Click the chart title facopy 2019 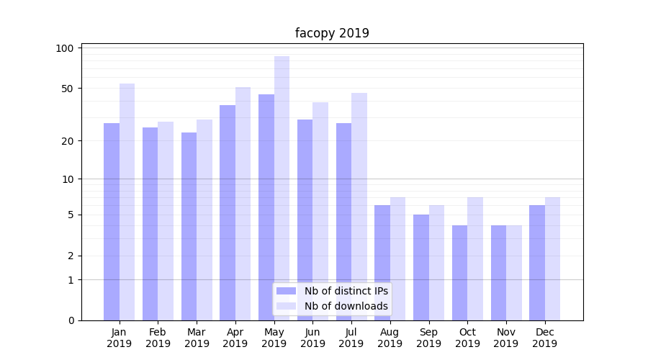(x=332, y=33)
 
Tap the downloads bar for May (x=282, y=188)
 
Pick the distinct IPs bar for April (x=228, y=212)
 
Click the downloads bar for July (x=359, y=207)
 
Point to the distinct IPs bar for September (x=421, y=267)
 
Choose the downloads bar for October (x=475, y=258)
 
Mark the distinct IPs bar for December (x=537, y=263)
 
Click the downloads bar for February (x=166, y=221)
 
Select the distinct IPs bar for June (x=305, y=220)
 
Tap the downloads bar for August (x=397, y=258)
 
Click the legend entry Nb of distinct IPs (x=346, y=291)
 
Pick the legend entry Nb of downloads (x=346, y=306)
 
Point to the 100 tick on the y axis (x=66, y=48)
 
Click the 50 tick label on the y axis (x=68, y=89)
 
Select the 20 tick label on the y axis (x=68, y=141)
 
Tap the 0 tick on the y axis (x=71, y=320)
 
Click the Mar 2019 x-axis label (x=197, y=338)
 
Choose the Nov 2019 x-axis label (x=506, y=338)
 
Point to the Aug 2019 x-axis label (x=390, y=338)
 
